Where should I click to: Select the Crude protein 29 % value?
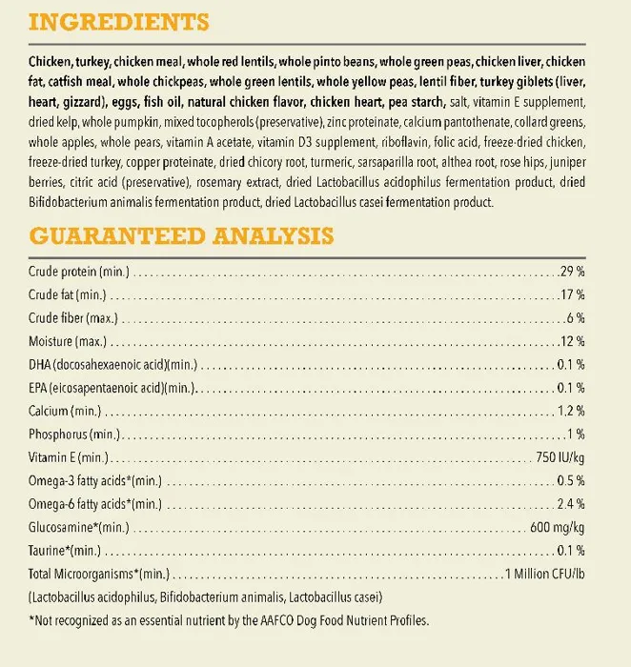[572, 273]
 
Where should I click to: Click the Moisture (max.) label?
[69, 341]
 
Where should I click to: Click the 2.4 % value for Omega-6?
[570, 504]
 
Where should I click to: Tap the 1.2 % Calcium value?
[570, 412]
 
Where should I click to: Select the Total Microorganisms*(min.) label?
[97, 574]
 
